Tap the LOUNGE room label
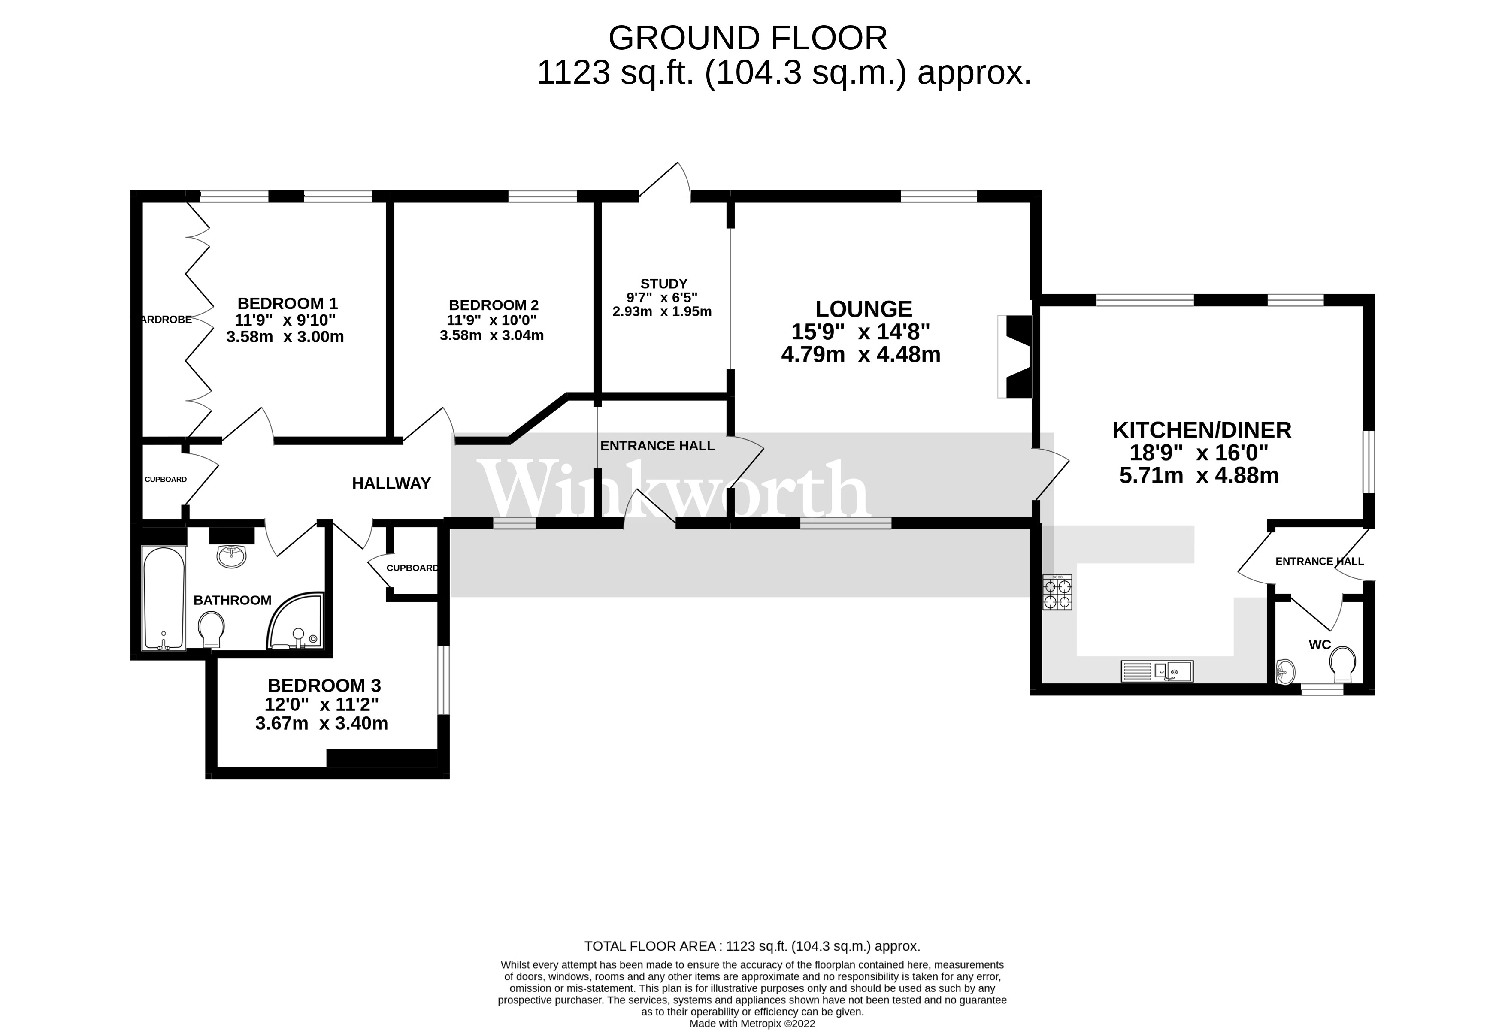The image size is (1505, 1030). (863, 309)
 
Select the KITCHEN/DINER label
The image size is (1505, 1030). (1202, 430)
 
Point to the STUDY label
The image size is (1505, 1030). (664, 284)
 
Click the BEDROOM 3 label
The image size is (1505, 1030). (324, 685)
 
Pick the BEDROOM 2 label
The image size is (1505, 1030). (494, 305)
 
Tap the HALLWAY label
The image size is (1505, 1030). (391, 483)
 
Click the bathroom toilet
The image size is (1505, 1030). (211, 629)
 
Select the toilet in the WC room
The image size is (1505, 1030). (1343, 664)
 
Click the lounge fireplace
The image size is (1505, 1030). (1014, 356)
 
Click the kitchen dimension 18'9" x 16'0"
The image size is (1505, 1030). (1199, 453)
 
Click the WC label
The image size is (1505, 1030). (1320, 644)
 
